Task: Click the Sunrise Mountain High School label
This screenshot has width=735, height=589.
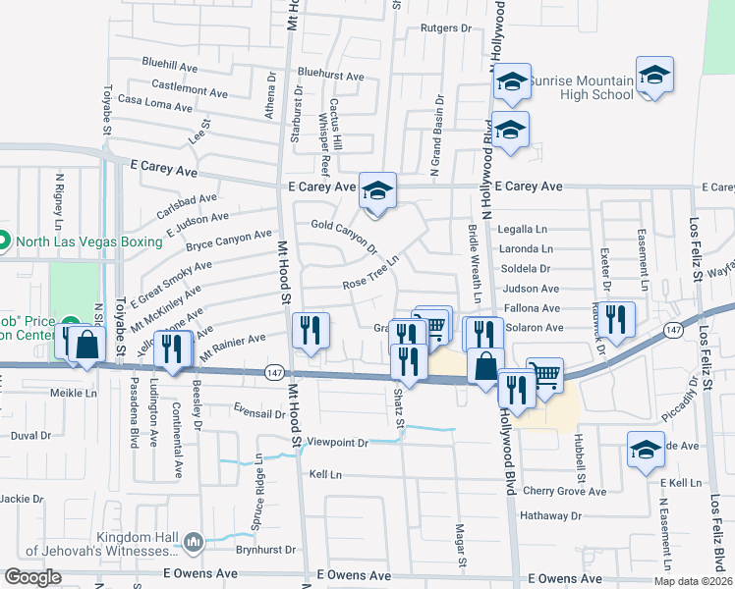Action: pyautogui.click(x=582, y=87)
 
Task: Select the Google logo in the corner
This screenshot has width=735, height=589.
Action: pyautogui.click(x=33, y=577)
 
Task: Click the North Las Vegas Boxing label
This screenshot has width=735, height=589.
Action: pyautogui.click(x=73, y=241)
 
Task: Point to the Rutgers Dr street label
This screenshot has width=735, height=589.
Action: pyautogui.click(x=446, y=28)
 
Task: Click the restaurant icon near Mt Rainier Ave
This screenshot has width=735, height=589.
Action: pyautogui.click(x=311, y=331)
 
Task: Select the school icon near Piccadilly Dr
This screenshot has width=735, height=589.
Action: pyautogui.click(x=645, y=452)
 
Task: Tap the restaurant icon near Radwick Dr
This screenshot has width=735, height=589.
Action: pyautogui.click(x=616, y=318)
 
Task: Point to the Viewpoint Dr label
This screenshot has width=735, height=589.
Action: pyautogui.click(x=336, y=443)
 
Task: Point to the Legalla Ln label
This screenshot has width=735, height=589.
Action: pyautogui.click(x=522, y=228)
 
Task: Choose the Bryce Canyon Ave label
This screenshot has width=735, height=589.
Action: pyautogui.click(x=229, y=239)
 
